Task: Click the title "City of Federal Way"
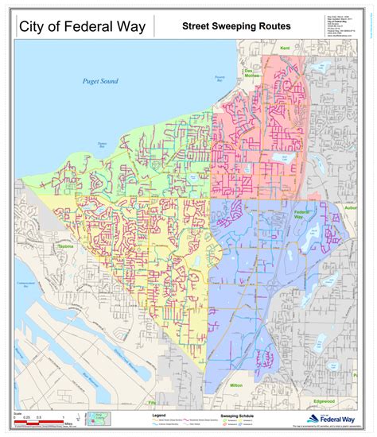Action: [x=81, y=27]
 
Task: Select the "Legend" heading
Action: [x=159, y=414]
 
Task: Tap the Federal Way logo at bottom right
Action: [x=328, y=420]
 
